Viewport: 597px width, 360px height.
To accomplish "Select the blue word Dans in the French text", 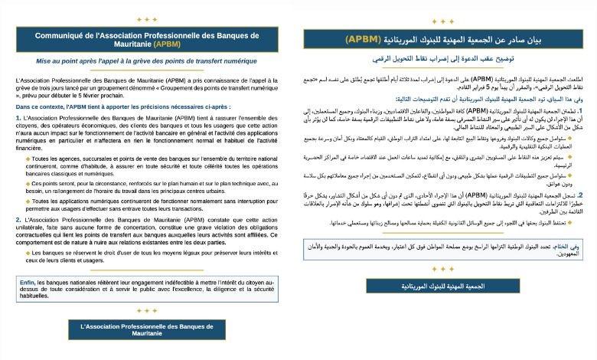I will point(24,107).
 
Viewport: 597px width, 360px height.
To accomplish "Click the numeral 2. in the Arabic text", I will point(580,196).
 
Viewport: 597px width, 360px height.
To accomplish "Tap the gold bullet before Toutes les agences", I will point(28,158).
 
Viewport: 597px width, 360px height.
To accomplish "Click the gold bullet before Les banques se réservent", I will point(28,252).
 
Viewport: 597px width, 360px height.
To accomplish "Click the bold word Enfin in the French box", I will point(28,281).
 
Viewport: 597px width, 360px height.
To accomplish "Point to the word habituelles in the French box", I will point(35,295).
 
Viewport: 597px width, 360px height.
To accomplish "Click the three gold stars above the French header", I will point(146,19).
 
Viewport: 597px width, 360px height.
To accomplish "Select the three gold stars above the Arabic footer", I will point(443,269).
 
